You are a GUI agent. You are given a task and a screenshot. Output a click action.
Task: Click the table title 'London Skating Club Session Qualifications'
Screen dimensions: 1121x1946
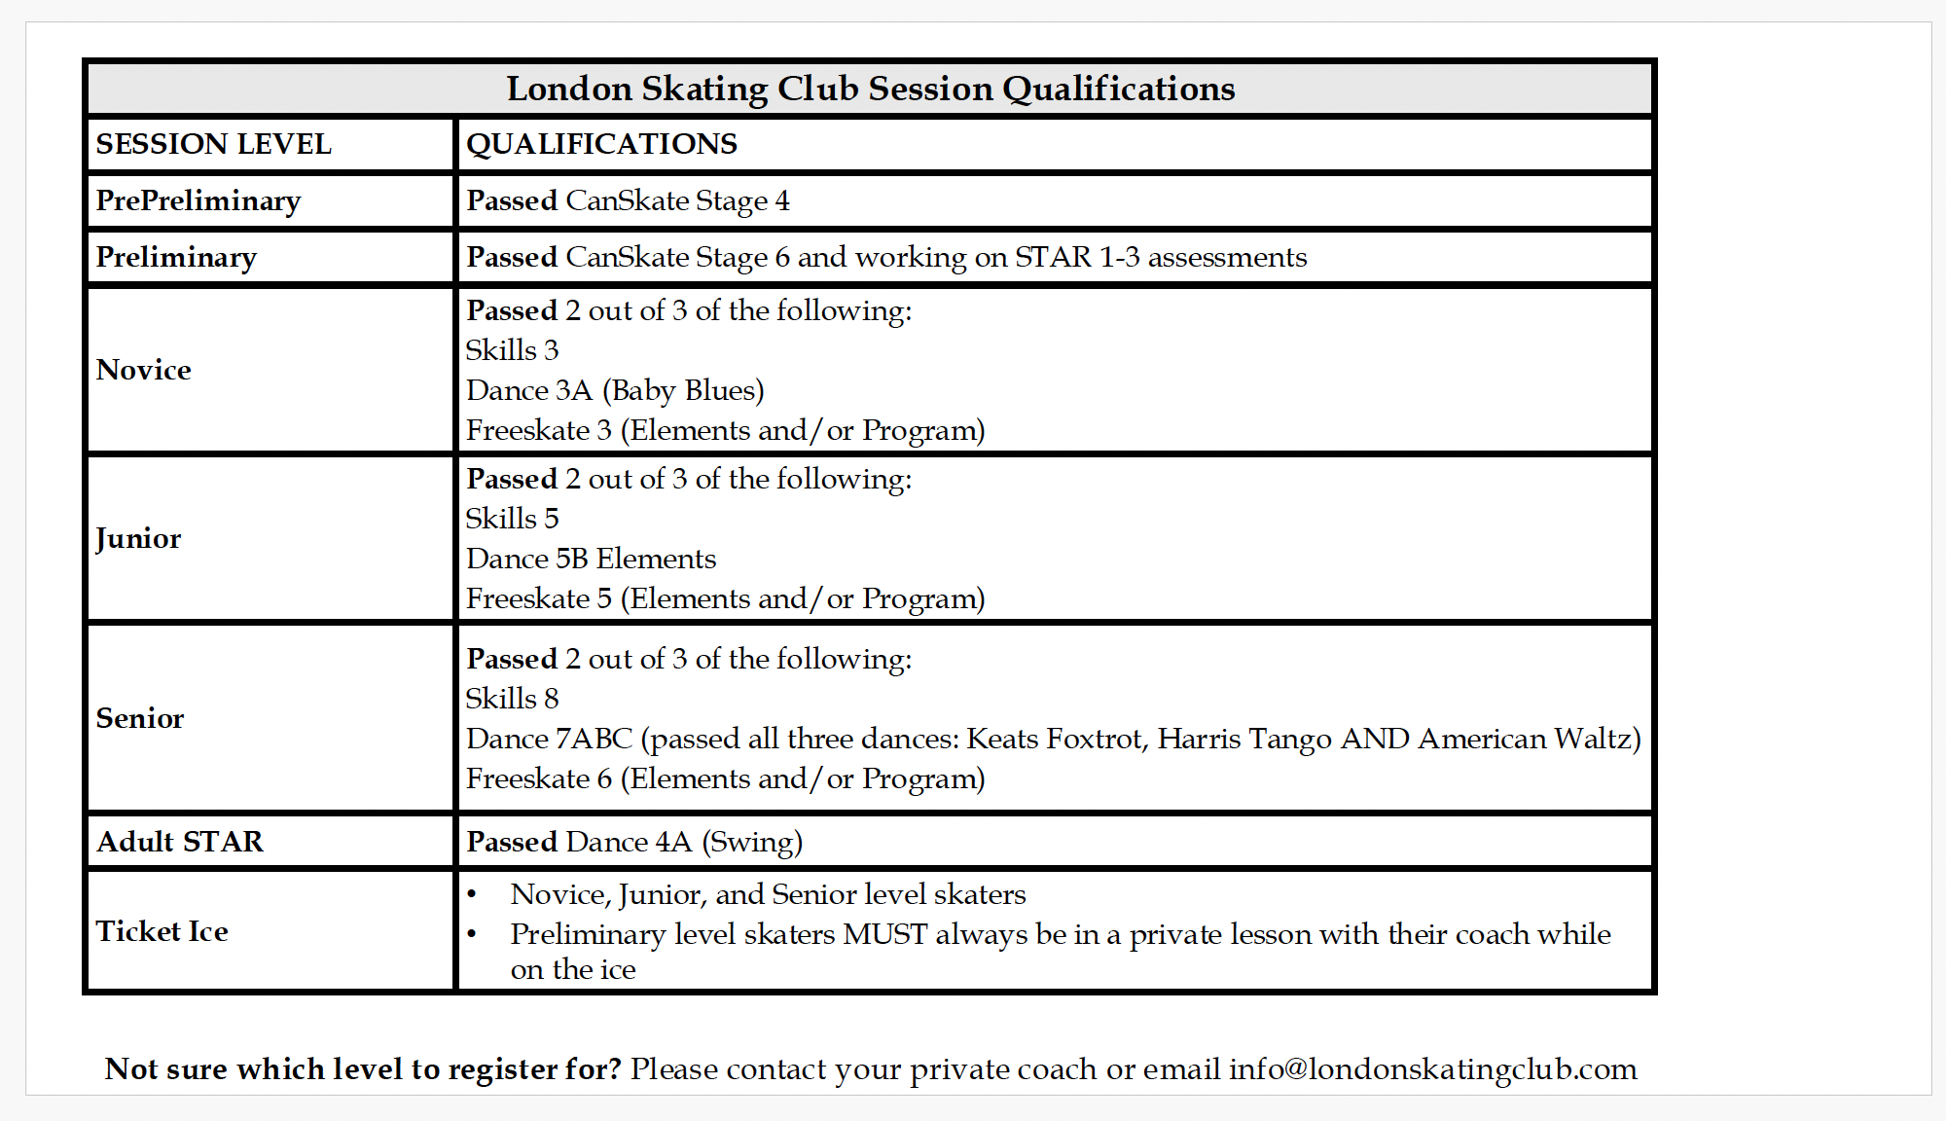point(870,89)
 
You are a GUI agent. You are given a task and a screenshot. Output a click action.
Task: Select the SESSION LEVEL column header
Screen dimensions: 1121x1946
point(214,144)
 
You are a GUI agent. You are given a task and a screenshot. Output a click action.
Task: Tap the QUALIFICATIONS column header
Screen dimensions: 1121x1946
point(601,144)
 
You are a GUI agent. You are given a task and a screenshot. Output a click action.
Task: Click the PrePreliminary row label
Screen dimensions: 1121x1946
point(198,200)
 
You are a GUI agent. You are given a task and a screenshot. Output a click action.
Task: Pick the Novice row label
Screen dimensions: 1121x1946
point(144,370)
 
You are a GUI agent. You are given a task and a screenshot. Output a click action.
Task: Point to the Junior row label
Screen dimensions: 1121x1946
point(139,538)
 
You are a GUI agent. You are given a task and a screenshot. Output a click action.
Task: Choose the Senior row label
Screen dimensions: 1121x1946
point(140,718)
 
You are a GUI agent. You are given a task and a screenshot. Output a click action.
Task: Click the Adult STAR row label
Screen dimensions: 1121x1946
point(180,842)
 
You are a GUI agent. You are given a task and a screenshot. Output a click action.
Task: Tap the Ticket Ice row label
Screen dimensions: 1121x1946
point(162,931)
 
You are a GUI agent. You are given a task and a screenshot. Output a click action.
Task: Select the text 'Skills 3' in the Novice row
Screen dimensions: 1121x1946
point(512,350)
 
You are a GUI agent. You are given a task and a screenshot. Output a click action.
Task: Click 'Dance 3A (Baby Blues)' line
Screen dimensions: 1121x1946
point(615,390)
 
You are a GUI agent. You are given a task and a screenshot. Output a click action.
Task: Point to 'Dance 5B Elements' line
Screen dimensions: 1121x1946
point(591,559)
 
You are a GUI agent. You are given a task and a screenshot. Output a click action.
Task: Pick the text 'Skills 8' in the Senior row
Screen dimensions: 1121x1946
point(512,699)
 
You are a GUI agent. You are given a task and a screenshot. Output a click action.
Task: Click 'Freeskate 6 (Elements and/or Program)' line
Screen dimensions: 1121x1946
point(725,778)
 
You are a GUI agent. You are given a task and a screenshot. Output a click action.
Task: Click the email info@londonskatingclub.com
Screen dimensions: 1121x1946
point(1432,1068)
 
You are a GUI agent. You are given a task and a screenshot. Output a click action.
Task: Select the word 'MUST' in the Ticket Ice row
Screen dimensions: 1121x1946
point(884,934)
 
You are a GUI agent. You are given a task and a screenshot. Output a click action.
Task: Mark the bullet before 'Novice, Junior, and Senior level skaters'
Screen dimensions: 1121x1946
point(472,894)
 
